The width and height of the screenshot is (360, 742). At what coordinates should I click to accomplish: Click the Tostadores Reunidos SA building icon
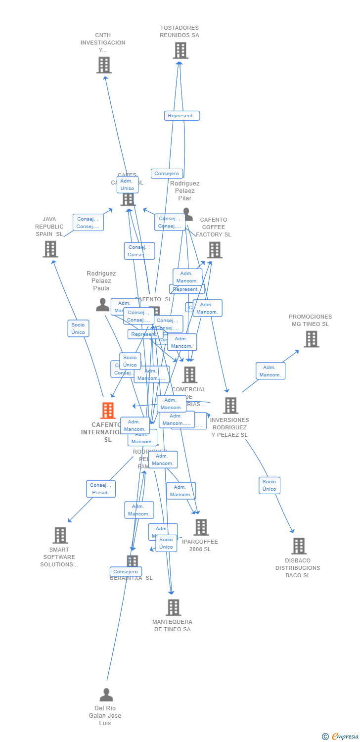click(180, 50)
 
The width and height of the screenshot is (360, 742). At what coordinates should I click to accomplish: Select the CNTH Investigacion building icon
click(104, 65)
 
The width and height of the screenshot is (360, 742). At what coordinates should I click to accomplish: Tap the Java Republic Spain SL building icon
click(50, 249)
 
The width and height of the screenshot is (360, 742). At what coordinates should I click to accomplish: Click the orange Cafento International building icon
click(108, 411)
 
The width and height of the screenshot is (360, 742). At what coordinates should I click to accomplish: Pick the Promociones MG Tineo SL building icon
click(311, 339)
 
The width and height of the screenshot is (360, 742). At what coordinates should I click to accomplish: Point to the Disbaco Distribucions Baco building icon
click(299, 546)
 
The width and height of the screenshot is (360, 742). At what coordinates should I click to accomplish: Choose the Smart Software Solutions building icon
click(60, 535)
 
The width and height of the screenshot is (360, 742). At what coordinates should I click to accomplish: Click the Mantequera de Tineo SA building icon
click(173, 607)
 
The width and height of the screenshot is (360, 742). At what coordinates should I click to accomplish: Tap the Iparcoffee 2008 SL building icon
click(201, 527)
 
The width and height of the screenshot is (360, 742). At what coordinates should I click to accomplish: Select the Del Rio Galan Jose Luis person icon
click(106, 695)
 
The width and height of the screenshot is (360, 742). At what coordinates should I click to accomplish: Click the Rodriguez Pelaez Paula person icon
click(102, 305)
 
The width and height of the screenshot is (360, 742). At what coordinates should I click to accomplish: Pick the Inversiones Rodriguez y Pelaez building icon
click(230, 406)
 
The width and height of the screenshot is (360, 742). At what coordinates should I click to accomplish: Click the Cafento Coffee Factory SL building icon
click(215, 250)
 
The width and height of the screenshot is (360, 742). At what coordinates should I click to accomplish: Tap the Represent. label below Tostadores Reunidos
click(182, 116)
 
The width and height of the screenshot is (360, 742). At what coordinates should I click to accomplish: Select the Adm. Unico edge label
click(127, 185)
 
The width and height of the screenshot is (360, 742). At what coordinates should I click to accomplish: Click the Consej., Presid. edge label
click(101, 489)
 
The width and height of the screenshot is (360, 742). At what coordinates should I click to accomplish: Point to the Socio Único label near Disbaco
click(270, 485)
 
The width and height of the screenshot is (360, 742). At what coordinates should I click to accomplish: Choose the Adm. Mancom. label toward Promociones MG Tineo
click(270, 371)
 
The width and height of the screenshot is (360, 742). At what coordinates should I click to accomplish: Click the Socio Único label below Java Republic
click(78, 328)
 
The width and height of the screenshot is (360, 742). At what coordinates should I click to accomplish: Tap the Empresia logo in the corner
click(341, 737)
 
